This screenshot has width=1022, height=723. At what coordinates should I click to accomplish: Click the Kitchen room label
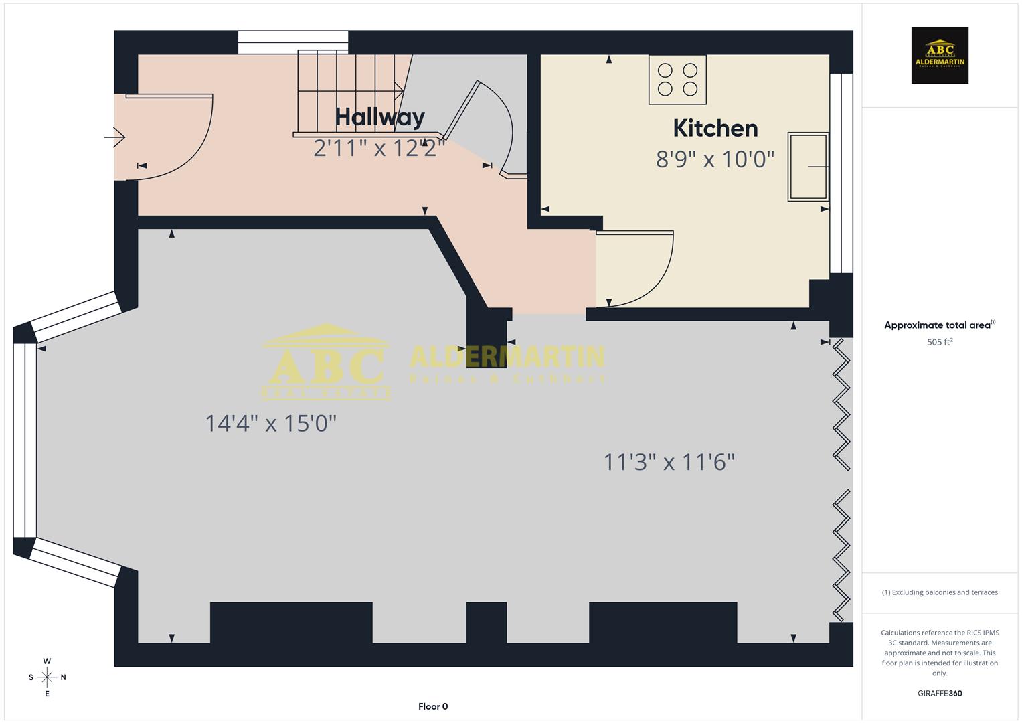[x=715, y=128]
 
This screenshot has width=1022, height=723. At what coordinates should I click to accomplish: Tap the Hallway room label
[x=379, y=117]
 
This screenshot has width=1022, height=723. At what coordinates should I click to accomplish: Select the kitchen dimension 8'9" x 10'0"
[x=715, y=159]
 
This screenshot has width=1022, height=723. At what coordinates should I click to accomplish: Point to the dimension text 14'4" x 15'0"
[x=270, y=423]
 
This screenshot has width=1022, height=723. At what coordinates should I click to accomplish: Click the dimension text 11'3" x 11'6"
[x=669, y=462]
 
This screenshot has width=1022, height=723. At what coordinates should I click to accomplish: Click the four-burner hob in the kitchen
[x=677, y=80]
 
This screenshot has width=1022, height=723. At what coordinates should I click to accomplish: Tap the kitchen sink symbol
[x=808, y=167]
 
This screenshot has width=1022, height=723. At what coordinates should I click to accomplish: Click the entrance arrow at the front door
[x=115, y=137]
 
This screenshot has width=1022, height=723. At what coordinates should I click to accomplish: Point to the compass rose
[x=47, y=677]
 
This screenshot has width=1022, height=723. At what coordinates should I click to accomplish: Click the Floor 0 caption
[x=433, y=706]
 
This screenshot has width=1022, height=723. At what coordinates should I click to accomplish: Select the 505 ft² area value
[x=939, y=342]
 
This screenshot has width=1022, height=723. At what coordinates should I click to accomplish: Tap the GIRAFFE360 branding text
[x=939, y=693]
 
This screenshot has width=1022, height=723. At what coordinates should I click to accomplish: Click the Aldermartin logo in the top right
[x=939, y=55]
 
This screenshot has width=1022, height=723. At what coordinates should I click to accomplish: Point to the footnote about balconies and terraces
[x=939, y=592]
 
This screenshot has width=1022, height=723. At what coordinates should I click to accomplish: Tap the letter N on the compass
[x=64, y=677]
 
